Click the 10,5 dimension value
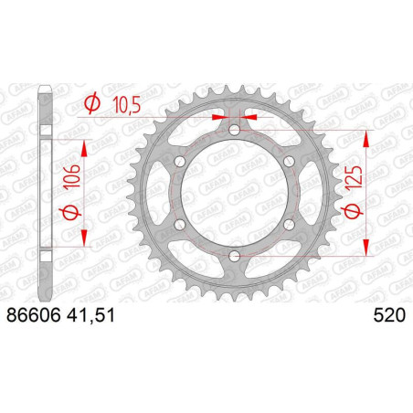point(126,105)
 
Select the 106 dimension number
point(72,175)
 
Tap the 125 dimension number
point(355,175)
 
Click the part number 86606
point(33,315)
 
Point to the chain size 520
point(389,315)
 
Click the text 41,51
point(90,315)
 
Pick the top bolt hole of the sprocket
point(234,131)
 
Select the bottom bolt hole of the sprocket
point(234,256)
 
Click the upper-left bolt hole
point(180,162)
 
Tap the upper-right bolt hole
point(289,162)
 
